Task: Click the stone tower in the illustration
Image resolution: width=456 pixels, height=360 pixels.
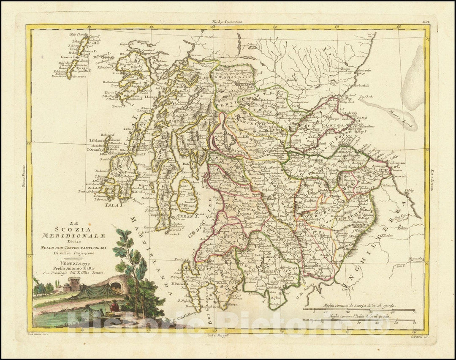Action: (74, 284)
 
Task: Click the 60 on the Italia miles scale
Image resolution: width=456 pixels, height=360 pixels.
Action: (414, 323)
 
